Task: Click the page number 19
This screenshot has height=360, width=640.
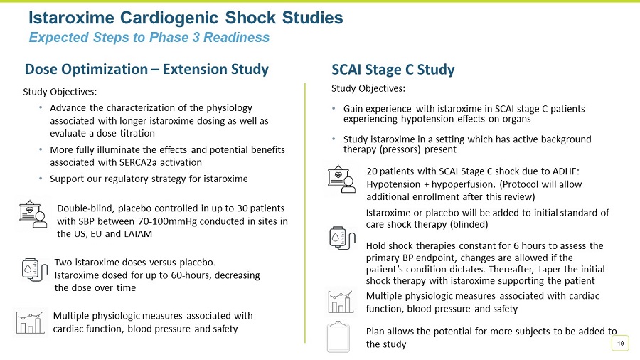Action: pyautogui.click(x=621, y=344)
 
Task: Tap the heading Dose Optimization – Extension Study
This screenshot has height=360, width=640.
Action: pyautogui.click(x=146, y=69)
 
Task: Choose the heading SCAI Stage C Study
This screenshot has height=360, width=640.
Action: pyautogui.click(x=393, y=69)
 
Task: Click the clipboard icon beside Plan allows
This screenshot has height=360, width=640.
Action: pyautogui.click(x=338, y=337)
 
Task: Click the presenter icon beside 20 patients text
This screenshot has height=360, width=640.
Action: pyautogui.click(x=342, y=179)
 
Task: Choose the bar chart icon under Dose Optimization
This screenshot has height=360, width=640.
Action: pyautogui.click(x=31, y=322)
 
